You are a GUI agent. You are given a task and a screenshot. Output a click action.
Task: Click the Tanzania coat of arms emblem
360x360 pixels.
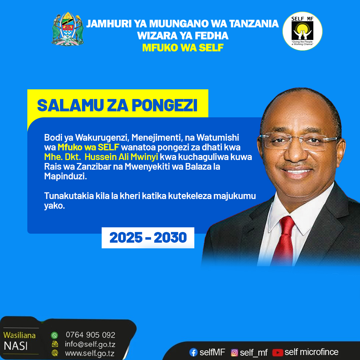pyautogui.click(x=67, y=29)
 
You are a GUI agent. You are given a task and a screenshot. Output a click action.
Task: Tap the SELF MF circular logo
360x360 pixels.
pyautogui.click(x=302, y=31)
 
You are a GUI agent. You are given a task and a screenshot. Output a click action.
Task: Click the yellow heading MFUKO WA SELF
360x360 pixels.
pyautogui.click(x=183, y=48)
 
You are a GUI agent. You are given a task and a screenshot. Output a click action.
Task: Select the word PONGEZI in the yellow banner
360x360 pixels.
pyautogui.click(x=164, y=105)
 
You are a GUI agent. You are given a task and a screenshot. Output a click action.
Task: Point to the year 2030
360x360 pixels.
pyautogui.click(x=170, y=237)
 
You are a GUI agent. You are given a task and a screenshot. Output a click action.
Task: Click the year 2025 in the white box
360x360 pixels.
pyautogui.click(x=126, y=237)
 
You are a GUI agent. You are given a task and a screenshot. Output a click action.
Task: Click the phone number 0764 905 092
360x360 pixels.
pyautogui.click(x=90, y=335)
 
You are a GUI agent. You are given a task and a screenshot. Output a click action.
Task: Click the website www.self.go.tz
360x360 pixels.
pyautogui.click(x=90, y=353)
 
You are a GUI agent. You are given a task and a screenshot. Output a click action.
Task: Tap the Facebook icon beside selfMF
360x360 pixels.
pyautogui.click(x=193, y=352)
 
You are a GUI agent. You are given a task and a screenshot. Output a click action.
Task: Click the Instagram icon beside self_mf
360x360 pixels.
pyautogui.click(x=234, y=352)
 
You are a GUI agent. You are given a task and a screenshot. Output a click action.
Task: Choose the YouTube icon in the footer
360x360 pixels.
pyautogui.click(x=277, y=352)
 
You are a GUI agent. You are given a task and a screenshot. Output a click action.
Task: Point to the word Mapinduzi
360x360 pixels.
pyautogui.click(x=65, y=176)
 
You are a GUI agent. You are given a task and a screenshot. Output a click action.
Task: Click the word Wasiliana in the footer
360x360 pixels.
pyautogui.click(x=20, y=335)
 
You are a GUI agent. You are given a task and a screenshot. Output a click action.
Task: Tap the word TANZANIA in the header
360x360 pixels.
pyautogui.click(x=254, y=24)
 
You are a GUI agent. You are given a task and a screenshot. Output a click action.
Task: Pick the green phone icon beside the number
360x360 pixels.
pyautogui.click(x=54, y=335)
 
